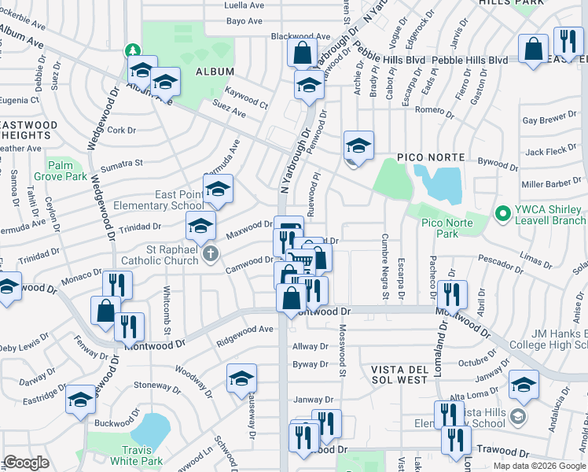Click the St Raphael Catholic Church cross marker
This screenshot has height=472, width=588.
(x=209, y=256)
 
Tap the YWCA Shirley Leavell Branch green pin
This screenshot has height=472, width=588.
(x=501, y=212)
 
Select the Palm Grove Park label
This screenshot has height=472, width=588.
(x=66, y=171)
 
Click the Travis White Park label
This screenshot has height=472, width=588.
(x=136, y=455)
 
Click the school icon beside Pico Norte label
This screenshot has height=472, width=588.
(x=358, y=146)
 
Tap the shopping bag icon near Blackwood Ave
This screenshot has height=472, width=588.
(x=303, y=54)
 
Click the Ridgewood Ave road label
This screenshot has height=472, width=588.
(x=245, y=330)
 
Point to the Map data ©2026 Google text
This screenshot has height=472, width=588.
(x=538, y=466)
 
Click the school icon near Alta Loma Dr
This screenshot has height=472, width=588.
(x=524, y=384)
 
